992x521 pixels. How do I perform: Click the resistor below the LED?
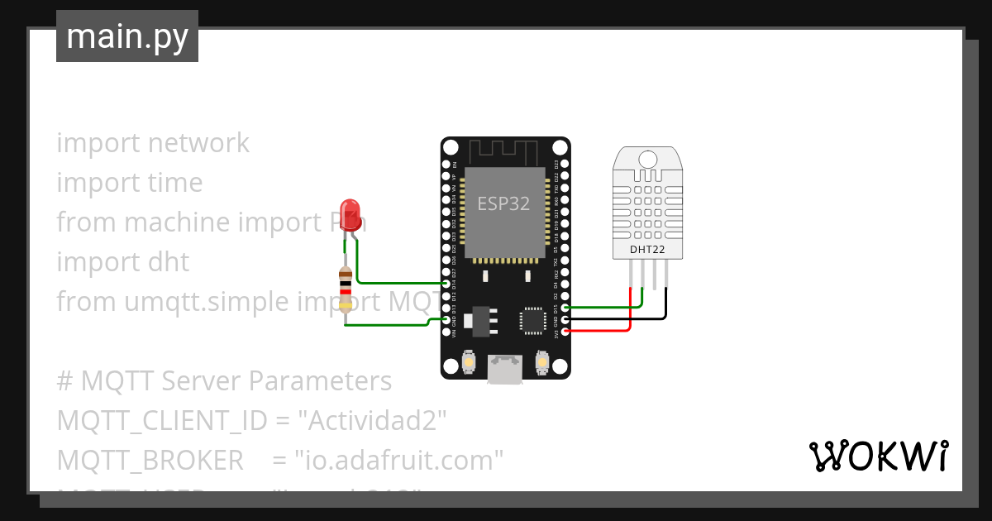tap(346, 289)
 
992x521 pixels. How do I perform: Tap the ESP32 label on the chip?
tap(503, 203)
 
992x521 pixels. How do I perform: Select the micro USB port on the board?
tap(505, 369)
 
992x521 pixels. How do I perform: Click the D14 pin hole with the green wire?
tap(446, 284)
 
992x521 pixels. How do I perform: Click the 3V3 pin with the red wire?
tap(565, 331)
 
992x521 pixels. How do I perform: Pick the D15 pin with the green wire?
tap(565, 308)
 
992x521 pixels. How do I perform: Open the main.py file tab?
tap(127, 36)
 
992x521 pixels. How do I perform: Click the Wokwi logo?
tap(877, 456)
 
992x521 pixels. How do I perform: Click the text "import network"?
tap(153, 143)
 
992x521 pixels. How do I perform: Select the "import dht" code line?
tap(123, 262)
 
